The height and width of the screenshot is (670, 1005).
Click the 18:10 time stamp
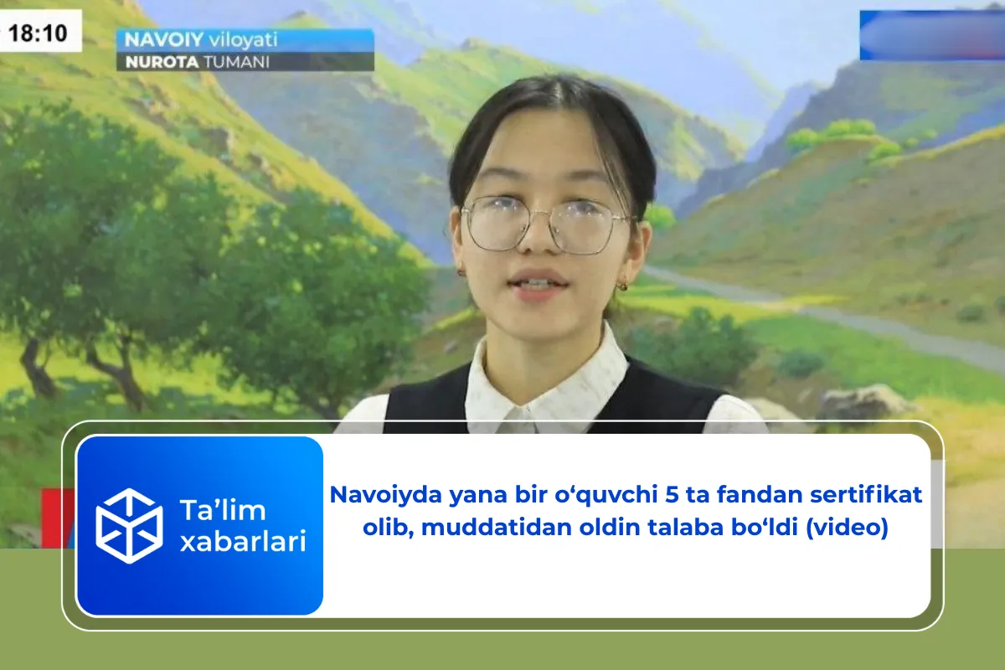pos(42,35)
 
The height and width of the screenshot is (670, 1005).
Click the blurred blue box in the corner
pos(931,35)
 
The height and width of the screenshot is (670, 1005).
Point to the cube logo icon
pos(129,525)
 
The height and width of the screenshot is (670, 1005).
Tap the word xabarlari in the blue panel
pos(242,542)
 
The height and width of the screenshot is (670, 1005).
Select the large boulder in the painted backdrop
pos(863,404)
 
